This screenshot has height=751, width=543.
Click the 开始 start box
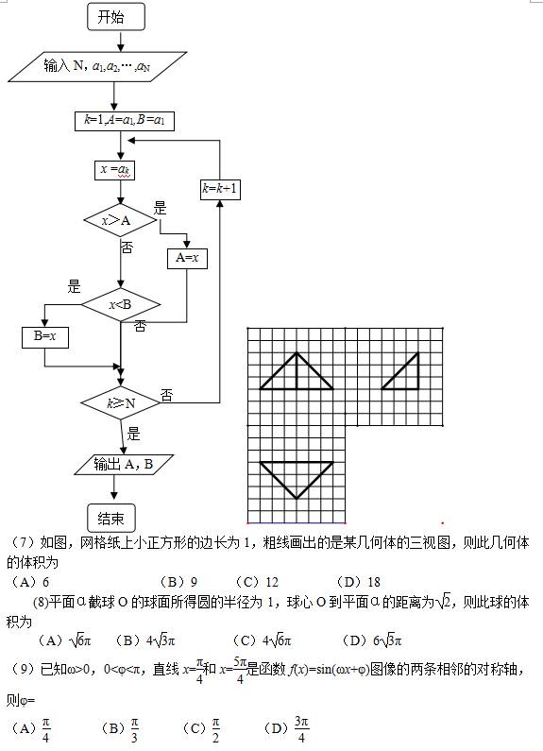116,17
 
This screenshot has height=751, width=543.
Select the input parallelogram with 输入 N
97,66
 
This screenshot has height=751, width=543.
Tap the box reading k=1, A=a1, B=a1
125,121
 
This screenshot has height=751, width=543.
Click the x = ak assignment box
115,170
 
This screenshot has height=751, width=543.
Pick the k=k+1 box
220,189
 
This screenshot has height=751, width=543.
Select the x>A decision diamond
120,220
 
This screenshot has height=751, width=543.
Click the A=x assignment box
187,259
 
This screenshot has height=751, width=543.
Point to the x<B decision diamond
121,304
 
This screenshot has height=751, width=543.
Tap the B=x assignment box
45,337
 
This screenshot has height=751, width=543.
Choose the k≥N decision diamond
121,403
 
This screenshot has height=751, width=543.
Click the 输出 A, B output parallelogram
124,465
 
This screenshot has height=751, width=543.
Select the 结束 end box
111,519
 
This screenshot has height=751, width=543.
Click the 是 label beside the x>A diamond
161,209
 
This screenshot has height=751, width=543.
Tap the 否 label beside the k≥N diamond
166,396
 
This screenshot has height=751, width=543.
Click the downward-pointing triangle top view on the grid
297,480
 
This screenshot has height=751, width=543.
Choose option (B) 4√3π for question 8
145,640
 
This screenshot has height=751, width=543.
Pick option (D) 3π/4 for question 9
286,729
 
